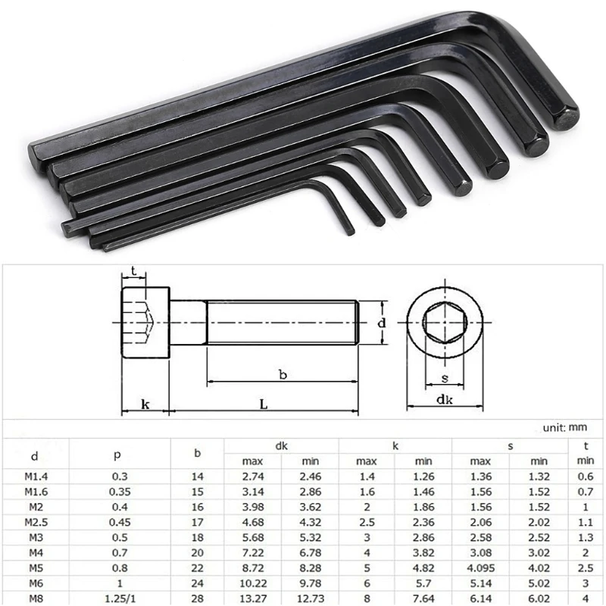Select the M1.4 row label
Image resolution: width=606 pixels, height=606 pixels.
click(x=34, y=476)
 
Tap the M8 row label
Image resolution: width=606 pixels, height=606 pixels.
click(x=34, y=598)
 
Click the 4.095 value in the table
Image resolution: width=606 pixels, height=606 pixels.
click(x=480, y=567)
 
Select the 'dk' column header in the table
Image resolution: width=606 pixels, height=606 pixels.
click(x=281, y=447)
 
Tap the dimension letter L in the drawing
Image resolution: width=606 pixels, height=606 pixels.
click(x=264, y=405)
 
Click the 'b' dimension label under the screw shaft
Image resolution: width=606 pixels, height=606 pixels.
click(x=282, y=374)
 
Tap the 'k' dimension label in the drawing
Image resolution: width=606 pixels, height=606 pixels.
click(x=145, y=405)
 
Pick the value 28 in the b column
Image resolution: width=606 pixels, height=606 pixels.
click(x=197, y=598)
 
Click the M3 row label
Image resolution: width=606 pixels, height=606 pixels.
click(x=34, y=537)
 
